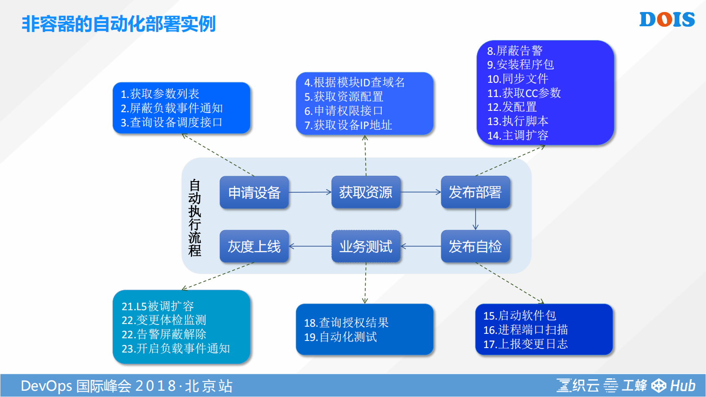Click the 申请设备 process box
coord(254,192)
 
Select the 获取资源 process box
coord(366,192)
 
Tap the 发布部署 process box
coord(475,192)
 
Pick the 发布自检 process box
coord(475,246)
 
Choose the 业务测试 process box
coord(366,246)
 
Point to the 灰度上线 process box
coord(254,246)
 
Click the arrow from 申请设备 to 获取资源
coord(310,192)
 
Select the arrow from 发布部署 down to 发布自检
coord(476,219)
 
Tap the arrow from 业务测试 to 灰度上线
coord(310,246)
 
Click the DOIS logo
coord(667,20)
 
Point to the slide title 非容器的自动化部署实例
coord(119,24)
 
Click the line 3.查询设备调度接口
coord(172,122)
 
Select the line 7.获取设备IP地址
coord(348,126)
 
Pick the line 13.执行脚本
coord(518,121)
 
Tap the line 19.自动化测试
coord(340,337)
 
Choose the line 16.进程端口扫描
coord(525,330)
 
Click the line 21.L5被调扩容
coord(158,306)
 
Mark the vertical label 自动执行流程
coord(195,218)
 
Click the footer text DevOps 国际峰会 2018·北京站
coord(127,386)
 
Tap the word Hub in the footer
coord(683,385)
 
